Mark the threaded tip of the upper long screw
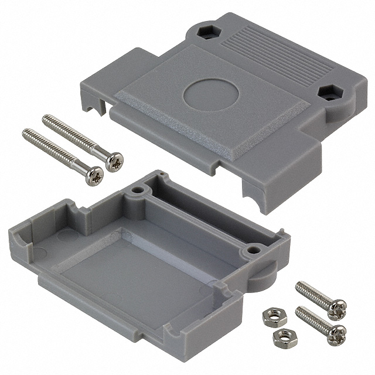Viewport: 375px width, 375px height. point(47,118)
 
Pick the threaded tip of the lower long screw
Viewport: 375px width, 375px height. point(28,133)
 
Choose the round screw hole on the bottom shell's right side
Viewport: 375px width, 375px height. point(253,250)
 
